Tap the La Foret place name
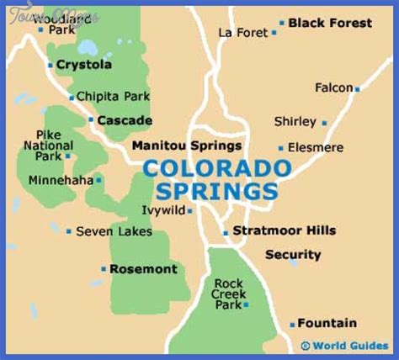242,32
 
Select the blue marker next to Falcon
357,88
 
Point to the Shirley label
295,122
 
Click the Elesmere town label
316,147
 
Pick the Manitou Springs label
187,146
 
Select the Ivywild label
163,210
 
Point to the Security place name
293,254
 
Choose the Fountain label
327,323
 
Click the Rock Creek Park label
228,294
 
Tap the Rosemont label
143,269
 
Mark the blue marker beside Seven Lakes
69,231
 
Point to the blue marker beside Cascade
91,120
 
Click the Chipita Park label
114,97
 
